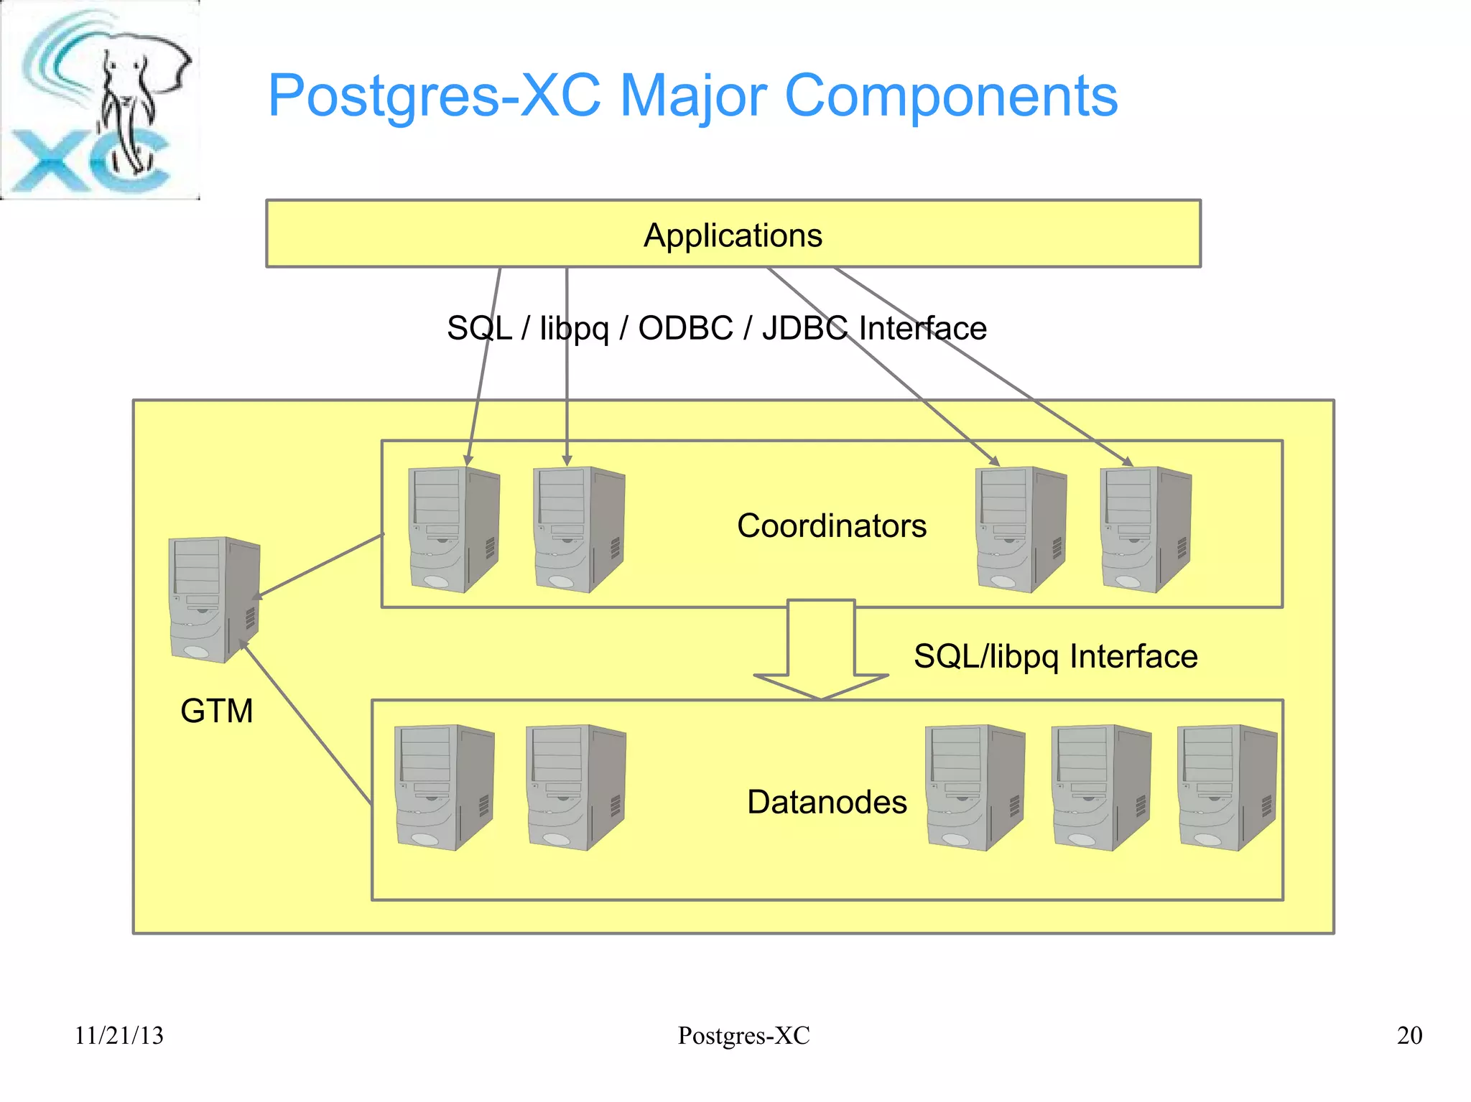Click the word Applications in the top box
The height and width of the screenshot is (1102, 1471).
coord(733,235)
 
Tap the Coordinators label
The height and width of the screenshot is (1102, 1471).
coord(831,526)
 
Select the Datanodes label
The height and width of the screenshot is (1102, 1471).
coord(827,802)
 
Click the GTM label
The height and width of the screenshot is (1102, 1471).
coord(216,711)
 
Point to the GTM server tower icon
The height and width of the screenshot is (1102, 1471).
coord(214,599)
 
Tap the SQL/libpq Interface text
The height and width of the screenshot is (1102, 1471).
coord(1055,656)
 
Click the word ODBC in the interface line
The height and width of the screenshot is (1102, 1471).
coord(685,328)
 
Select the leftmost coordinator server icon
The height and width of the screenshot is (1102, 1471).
coord(453,529)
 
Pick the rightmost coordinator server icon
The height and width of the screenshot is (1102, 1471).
coord(1146,529)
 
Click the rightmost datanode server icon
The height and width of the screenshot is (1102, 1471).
coord(1227,788)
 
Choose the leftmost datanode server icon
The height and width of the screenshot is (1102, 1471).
coord(445,788)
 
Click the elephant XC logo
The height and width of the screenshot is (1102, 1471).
coord(100,101)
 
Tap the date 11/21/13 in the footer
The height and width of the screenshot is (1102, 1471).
coord(119,1035)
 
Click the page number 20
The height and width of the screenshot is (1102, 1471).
coord(1409,1035)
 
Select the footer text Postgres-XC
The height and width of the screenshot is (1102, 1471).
coord(743,1035)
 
